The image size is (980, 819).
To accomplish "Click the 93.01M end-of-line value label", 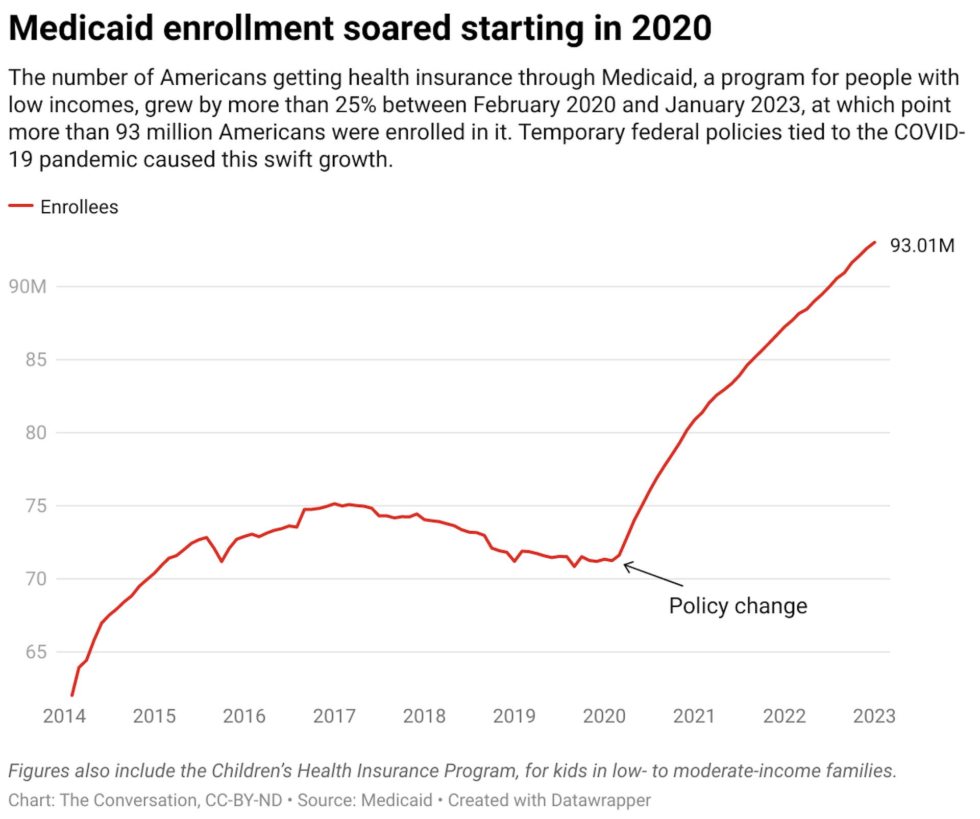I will (x=922, y=245).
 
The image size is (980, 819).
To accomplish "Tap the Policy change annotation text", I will (x=738, y=606).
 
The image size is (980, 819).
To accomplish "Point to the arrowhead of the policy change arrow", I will (x=626, y=565).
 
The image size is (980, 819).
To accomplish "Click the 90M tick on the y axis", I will (x=28, y=286).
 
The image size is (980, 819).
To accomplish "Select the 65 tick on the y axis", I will (x=36, y=652).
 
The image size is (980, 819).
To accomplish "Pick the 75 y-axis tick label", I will (x=36, y=506).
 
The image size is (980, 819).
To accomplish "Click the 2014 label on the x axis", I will (x=64, y=716).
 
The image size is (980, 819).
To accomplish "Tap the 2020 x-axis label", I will (x=604, y=716).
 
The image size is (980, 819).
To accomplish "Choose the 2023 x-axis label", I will (x=874, y=716).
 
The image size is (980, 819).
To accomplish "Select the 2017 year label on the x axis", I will (x=334, y=716).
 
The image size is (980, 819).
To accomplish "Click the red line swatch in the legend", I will (x=21, y=206).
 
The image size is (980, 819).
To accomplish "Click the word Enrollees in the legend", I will (x=79, y=207).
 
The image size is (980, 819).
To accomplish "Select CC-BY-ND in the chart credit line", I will (x=243, y=800).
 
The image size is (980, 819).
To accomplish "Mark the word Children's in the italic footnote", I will (x=251, y=771).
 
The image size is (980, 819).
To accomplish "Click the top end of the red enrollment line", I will (x=875, y=242).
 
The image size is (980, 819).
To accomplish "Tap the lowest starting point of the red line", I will (x=72, y=695).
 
